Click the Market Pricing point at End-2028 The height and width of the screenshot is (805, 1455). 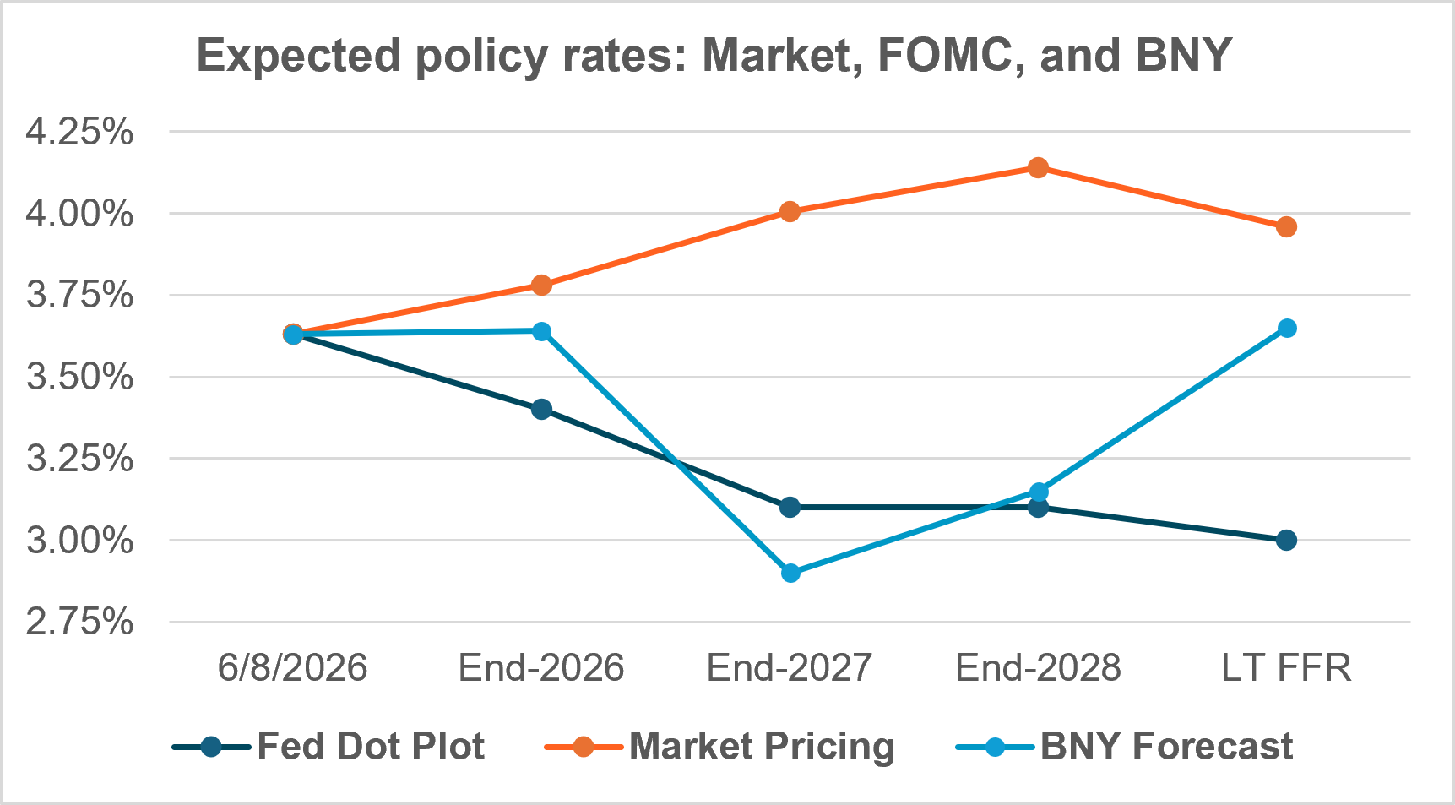point(1039,167)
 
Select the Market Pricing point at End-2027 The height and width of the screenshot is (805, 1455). point(790,211)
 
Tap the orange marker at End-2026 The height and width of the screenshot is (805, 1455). point(541,285)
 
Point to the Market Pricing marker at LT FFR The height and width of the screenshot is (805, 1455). point(1286,226)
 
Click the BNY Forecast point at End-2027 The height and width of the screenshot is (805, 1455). point(790,573)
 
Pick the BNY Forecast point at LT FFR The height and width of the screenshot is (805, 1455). point(1286,328)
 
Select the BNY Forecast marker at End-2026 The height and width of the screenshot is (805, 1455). point(541,331)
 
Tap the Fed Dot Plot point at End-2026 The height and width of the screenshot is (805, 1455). point(541,410)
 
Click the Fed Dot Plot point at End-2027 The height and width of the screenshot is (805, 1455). point(790,507)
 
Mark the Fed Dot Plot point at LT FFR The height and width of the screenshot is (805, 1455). point(1286,540)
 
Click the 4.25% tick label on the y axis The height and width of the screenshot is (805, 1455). point(80,132)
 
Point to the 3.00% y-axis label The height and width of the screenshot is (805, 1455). point(80,541)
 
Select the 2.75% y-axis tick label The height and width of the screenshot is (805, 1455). point(80,623)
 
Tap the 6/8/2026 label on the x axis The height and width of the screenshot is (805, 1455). point(293,668)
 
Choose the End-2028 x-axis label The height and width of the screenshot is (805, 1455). point(1039,668)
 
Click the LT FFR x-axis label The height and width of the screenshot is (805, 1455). point(1286,668)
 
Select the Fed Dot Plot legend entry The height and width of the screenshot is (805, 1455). point(328,747)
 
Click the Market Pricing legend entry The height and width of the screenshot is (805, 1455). point(719,747)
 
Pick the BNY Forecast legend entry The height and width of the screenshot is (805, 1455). point(1125,747)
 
